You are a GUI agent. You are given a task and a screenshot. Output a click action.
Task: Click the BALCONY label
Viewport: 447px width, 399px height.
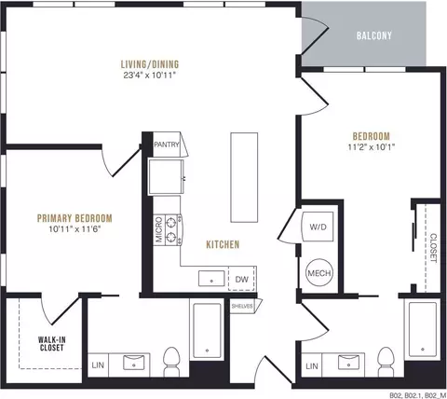tap(374, 35)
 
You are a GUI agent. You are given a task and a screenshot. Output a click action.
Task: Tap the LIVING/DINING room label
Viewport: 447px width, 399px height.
tap(150, 64)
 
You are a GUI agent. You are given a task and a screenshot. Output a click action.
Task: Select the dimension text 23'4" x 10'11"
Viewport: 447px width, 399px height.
tap(150, 76)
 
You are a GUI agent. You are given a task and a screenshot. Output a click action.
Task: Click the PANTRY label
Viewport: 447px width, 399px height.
tap(167, 144)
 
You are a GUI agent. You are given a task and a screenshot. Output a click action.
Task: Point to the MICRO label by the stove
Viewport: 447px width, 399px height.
tap(158, 229)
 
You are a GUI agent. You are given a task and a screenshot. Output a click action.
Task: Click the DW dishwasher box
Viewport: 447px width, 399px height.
tap(242, 279)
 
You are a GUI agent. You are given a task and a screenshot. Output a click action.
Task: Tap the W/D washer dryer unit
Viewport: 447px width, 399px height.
tap(318, 227)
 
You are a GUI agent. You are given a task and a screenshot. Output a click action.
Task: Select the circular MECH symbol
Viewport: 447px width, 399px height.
tap(319, 273)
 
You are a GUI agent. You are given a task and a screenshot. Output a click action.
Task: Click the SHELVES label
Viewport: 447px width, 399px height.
tap(242, 307)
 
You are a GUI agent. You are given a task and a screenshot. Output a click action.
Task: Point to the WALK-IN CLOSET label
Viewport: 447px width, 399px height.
tap(51, 344)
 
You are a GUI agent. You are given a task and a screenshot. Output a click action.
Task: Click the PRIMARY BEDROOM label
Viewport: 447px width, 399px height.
tap(74, 218)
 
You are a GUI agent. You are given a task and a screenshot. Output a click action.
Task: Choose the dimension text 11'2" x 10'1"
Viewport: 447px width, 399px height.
tap(372, 147)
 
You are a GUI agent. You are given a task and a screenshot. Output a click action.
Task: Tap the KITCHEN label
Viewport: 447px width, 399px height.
tap(223, 244)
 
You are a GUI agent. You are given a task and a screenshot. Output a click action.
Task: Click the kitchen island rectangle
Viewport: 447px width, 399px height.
tap(244, 177)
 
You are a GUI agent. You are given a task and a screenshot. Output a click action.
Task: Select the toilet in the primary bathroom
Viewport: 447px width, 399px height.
tap(171, 362)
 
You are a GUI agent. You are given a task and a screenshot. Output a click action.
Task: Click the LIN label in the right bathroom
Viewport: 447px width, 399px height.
tap(312, 366)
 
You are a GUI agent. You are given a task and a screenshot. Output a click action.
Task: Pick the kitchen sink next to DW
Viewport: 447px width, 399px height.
tap(211, 279)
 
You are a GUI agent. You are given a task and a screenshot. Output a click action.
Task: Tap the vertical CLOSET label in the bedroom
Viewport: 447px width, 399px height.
tap(433, 248)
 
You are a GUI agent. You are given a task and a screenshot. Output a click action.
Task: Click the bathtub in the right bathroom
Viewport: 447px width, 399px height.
tap(423, 329)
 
